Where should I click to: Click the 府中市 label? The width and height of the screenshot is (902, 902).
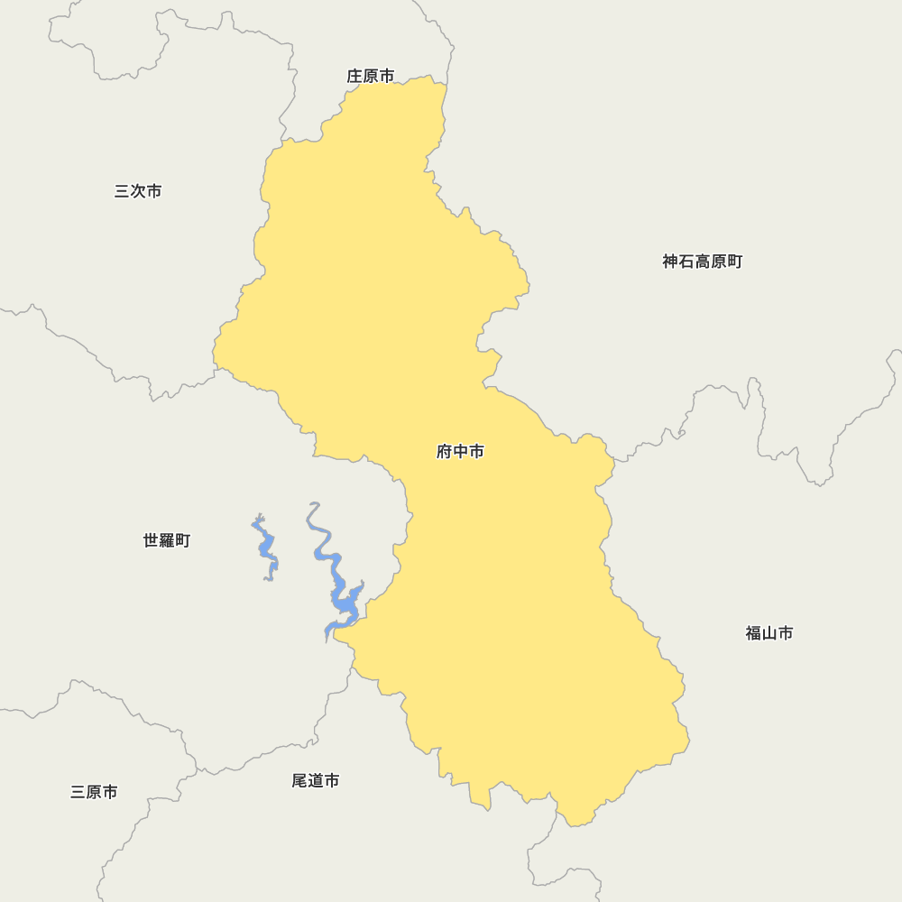click(460, 452)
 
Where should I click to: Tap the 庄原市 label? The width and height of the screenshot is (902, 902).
click(370, 77)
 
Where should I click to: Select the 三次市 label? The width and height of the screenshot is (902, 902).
click(138, 191)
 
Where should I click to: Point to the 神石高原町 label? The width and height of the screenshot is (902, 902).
click(702, 262)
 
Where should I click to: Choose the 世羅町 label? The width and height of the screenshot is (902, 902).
click(167, 540)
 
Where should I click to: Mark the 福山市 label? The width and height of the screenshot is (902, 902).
click(769, 633)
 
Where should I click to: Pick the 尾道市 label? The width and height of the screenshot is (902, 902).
click(315, 780)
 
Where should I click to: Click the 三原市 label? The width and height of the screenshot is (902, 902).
click(94, 792)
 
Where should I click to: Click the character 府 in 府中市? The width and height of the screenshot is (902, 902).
click(445, 452)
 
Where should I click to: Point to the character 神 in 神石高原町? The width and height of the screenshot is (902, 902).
click(670, 262)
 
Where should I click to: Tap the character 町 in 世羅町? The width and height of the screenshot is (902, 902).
click(182, 540)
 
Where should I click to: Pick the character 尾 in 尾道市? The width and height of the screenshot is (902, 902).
click(299, 780)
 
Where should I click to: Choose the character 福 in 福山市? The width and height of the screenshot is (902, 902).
click(753, 633)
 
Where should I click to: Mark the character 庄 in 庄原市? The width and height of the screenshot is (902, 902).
click(354, 77)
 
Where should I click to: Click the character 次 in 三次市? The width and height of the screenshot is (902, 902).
click(138, 191)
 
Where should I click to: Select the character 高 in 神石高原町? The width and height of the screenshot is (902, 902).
click(702, 262)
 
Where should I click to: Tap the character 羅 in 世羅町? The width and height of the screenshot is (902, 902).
click(167, 540)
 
